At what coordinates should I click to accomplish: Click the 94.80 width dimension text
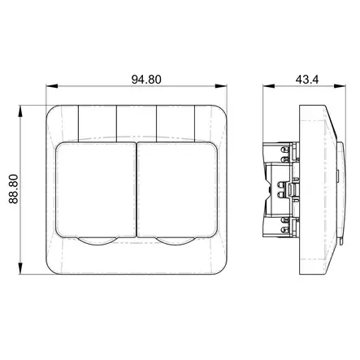[146, 80]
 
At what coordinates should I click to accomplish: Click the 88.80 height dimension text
[13, 189]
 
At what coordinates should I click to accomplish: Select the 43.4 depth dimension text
[307, 80]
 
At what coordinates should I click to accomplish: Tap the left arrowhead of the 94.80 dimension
[52, 86]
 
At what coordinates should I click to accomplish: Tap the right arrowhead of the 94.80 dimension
[221, 86]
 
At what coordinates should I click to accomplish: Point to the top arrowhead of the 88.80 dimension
[20, 111]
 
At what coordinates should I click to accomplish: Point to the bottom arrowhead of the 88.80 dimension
[20, 268]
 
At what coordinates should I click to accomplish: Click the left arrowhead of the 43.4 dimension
[269, 86]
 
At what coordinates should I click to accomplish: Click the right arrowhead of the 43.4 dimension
[340, 86]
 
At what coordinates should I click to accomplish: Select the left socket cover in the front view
[96, 190]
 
